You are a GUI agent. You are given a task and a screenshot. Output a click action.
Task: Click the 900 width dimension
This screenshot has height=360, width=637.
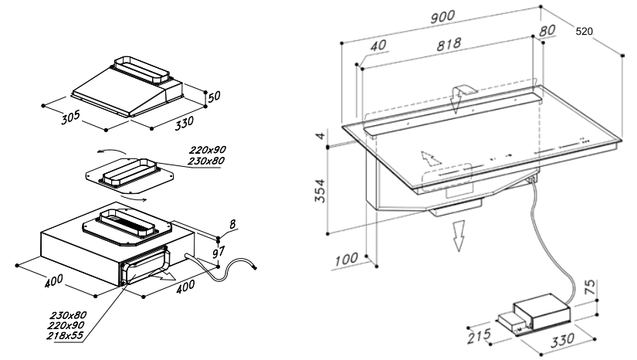tap(442, 17)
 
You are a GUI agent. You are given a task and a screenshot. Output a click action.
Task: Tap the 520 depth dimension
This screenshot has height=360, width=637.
tap(584, 31)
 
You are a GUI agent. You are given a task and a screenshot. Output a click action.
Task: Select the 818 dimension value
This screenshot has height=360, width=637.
tap(449, 44)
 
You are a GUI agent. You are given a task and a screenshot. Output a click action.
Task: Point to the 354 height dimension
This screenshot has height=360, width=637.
tap(320, 191)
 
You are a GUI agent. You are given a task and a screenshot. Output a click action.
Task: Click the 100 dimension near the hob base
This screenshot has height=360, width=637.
tap(347, 260)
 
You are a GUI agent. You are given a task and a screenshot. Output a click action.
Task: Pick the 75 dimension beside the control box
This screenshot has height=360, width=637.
tap(591, 287)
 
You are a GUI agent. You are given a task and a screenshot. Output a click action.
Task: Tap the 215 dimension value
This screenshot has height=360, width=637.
tap(479, 336)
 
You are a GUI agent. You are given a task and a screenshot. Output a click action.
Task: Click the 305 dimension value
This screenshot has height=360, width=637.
tap(71, 117)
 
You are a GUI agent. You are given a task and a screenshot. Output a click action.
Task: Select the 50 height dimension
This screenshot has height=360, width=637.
tap(214, 97)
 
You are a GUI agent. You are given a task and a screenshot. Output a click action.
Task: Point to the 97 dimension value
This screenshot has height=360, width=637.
tap(219, 252)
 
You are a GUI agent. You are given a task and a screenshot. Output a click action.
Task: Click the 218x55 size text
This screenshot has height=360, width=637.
tap(65, 335)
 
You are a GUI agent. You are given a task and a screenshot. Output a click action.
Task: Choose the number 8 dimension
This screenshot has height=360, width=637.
tap(232, 225)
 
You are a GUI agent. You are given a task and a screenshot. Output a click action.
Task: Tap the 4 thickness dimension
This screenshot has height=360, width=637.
tap(321, 135)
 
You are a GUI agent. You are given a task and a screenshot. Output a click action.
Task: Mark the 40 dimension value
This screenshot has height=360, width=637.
tap(378, 45)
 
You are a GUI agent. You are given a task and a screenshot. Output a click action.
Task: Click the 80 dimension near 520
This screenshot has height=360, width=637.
tap(547, 31)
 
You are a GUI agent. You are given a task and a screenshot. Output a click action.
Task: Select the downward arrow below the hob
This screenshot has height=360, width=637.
tap(459, 236)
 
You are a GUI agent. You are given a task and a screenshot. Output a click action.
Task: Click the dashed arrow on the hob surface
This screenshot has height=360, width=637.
tap(431, 158)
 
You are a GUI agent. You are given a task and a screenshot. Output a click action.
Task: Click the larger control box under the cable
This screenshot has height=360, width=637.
tap(542, 311)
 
